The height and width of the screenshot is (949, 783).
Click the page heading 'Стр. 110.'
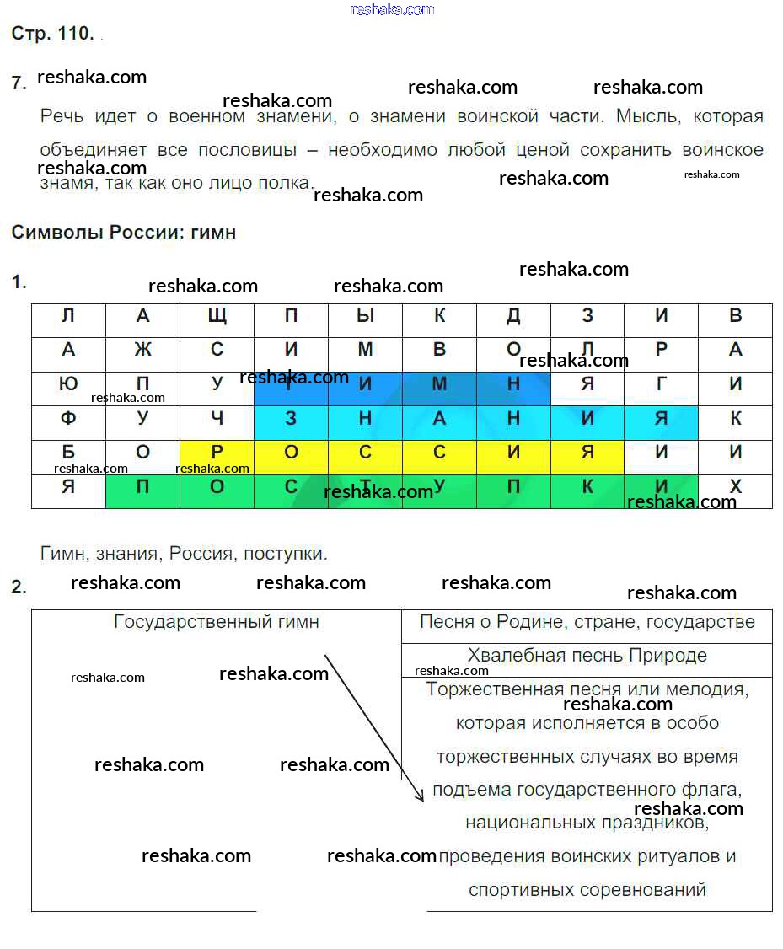tap(52, 34)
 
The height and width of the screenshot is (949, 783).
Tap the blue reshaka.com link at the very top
tap(392, 9)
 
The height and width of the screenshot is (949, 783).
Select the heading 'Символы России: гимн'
tap(124, 233)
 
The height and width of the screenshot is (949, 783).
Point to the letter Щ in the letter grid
tap(217, 317)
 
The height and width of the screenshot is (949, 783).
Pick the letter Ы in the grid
tap(365, 317)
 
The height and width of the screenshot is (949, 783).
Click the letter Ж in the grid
tap(142, 350)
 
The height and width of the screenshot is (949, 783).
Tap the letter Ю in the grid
tap(68, 384)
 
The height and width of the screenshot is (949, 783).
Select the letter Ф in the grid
tap(68, 418)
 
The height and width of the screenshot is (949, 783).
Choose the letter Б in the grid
tap(68, 453)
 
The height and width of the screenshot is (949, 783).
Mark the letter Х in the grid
tap(736, 486)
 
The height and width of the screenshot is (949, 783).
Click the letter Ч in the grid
tap(217, 418)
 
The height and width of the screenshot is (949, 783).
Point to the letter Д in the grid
tap(513, 317)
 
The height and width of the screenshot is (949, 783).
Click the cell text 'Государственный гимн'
tap(217, 623)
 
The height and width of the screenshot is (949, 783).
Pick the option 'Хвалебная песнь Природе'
tap(587, 656)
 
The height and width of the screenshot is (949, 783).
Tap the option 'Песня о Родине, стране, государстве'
tap(587, 623)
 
